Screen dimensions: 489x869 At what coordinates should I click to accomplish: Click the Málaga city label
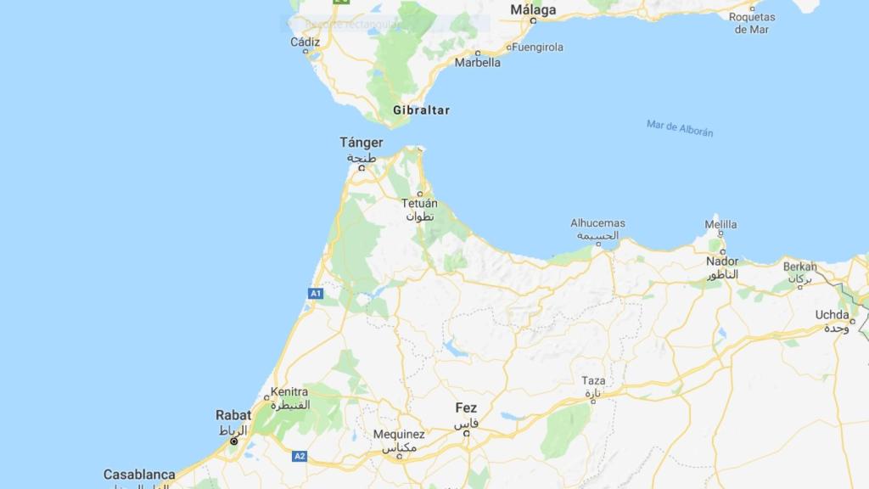(533, 10)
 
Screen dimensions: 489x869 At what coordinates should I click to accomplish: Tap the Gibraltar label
(421, 110)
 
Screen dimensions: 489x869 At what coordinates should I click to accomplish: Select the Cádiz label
(306, 42)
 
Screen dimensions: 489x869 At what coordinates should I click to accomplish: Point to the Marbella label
(478, 62)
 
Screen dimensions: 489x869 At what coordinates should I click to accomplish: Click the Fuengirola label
(537, 48)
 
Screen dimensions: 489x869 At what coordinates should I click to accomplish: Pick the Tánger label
(362, 143)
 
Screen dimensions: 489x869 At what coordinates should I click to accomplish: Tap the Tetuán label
(420, 204)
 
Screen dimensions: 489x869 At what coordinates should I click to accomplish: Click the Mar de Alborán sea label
(680, 128)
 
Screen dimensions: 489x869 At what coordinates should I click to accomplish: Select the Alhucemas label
(597, 223)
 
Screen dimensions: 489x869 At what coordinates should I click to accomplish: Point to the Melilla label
(721, 225)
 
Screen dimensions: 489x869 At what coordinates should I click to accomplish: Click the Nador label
(722, 261)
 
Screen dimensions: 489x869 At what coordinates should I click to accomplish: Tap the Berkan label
(799, 267)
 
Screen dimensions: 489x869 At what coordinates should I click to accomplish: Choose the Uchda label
(833, 315)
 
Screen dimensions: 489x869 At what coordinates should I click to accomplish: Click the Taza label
(594, 380)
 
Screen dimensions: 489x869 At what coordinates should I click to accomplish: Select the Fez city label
(466, 408)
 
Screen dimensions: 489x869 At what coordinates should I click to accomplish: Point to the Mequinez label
(399, 435)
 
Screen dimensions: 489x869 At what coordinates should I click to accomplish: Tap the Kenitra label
(289, 393)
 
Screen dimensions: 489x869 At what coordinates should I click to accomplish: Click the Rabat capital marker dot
(234, 441)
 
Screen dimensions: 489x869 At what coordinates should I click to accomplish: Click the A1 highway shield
(316, 294)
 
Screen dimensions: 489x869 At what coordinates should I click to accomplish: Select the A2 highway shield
(300, 456)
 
